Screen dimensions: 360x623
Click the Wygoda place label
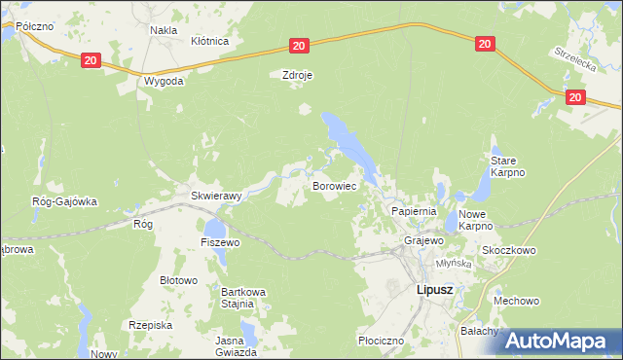[164, 81]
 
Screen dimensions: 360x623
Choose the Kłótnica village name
[209, 42]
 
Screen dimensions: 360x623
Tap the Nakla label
[163, 30]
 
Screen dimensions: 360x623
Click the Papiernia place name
[414, 211]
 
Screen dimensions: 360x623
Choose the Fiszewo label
[220, 241]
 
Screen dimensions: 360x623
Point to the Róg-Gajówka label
[65, 202]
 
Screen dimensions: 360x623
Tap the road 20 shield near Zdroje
[299, 46]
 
